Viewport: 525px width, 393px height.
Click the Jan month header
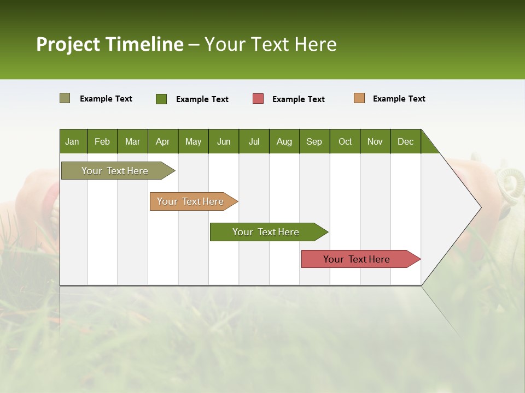(72, 141)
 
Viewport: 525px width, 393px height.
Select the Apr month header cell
(162, 141)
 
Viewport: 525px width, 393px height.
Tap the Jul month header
(254, 141)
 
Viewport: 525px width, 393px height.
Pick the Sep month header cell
(314, 141)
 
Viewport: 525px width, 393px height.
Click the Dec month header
(405, 141)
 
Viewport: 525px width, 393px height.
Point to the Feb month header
(102, 141)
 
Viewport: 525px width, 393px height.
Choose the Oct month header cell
(345, 141)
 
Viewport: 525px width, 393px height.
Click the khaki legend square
(65, 98)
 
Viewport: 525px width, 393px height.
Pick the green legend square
(161, 99)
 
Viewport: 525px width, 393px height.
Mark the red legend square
(258, 99)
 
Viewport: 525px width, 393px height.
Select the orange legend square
(359, 98)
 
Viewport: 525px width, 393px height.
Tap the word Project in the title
(68, 44)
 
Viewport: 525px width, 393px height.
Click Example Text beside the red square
(299, 99)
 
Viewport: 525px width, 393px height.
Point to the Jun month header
(224, 141)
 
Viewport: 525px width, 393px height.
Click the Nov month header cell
(375, 141)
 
